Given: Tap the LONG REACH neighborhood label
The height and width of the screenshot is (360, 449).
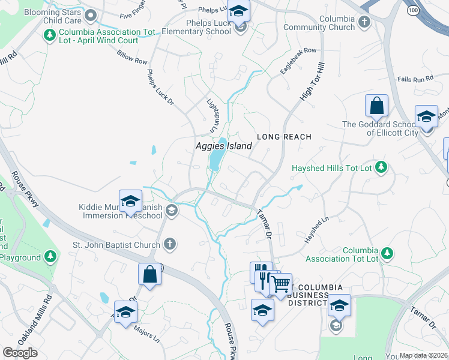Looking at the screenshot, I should pyautogui.click(x=285, y=137).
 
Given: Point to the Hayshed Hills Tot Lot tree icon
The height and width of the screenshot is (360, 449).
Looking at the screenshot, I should pyautogui.click(x=380, y=168).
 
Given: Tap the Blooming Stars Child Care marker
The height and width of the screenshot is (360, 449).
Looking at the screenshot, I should pyautogui.click(x=91, y=15).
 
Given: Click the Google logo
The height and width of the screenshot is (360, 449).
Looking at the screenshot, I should pyautogui.click(x=20, y=353).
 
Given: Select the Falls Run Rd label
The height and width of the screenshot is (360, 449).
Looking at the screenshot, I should pyautogui.click(x=415, y=79).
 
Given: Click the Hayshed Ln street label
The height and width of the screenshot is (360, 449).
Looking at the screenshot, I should pyautogui.click(x=317, y=230).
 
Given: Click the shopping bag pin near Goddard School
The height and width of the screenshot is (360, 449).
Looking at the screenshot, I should pyautogui.click(x=376, y=106).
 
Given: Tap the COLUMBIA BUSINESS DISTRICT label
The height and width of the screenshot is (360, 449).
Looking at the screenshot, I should pyautogui.click(x=320, y=293).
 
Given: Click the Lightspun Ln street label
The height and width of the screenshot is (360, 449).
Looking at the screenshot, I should pyautogui.click(x=212, y=116).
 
